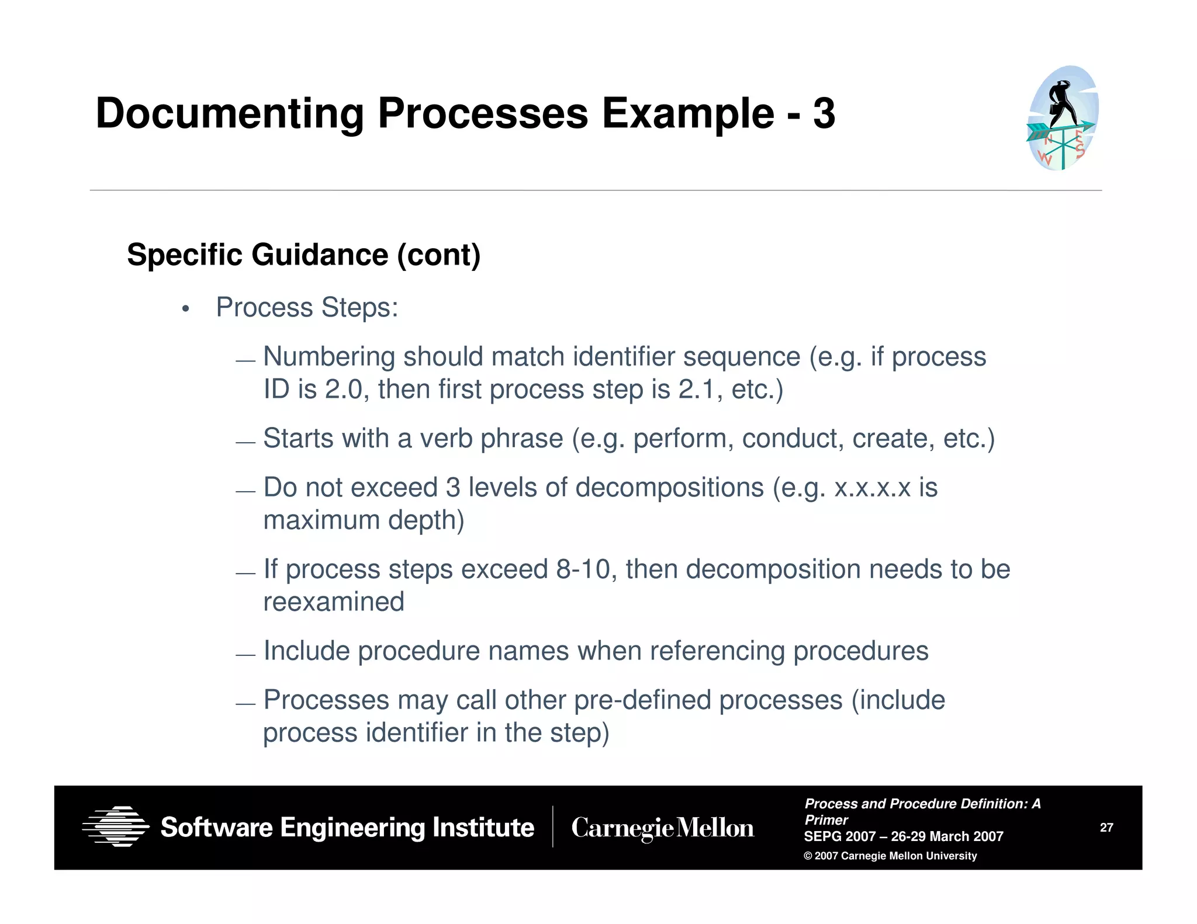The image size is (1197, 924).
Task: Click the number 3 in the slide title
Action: pos(824,113)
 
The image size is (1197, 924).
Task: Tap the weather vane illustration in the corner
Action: pos(1063,119)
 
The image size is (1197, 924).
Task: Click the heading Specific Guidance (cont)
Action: pos(303,255)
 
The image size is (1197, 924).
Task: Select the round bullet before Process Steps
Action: pos(186,309)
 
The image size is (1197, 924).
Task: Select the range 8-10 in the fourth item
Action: pos(583,569)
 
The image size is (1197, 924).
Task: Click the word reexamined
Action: pos(334,602)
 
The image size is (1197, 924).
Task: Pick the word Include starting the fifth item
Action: pos(306,651)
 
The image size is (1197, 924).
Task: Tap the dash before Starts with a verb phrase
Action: pos(245,443)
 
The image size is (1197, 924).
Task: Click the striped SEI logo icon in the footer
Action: pos(116,826)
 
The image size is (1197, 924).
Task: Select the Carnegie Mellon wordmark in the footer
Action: pos(662,828)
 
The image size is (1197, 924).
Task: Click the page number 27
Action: pos(1106,827)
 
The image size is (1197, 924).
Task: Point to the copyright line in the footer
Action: pos(890,856)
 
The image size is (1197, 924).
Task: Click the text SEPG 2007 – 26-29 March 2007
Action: pos(903,836)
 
